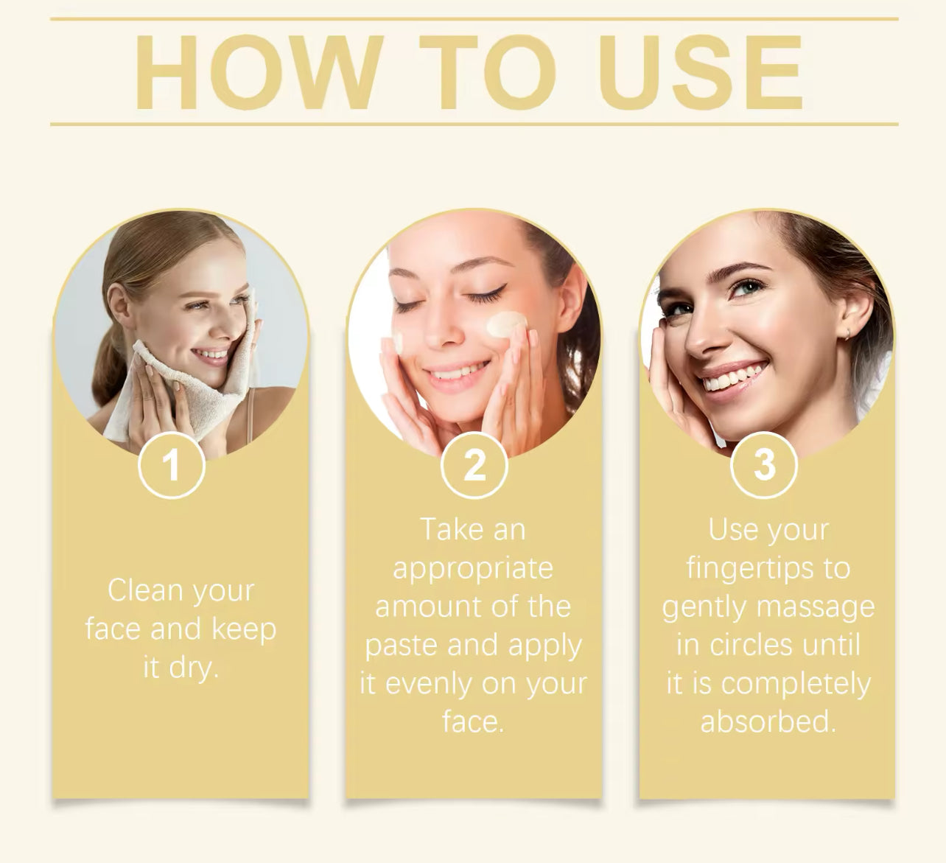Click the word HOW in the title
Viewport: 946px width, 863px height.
click(259, 72)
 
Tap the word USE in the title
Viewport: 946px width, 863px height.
click(704, 72)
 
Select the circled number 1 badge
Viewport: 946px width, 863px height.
click(172, 465)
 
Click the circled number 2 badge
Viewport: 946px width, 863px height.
click(474, 465)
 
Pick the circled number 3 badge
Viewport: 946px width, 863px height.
click(764, 465)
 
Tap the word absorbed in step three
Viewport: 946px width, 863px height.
click(768, 722)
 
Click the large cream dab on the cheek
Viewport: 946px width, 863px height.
click(507, 325)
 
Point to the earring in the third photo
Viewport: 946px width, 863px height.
click(848, 334)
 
